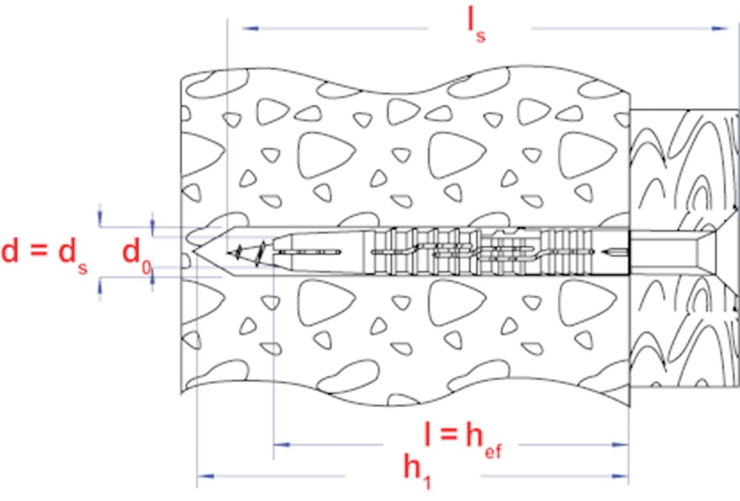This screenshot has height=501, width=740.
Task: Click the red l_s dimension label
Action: tap(476, 25)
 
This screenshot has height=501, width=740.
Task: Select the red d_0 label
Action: tap(136, 255)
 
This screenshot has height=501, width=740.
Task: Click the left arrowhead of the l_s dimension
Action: tap(250, 28)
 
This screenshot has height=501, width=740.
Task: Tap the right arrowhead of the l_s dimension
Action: tap(720, 28)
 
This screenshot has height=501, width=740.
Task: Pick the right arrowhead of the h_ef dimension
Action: tap(620, 445)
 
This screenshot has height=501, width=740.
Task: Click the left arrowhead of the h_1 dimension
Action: tap(205, 476)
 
